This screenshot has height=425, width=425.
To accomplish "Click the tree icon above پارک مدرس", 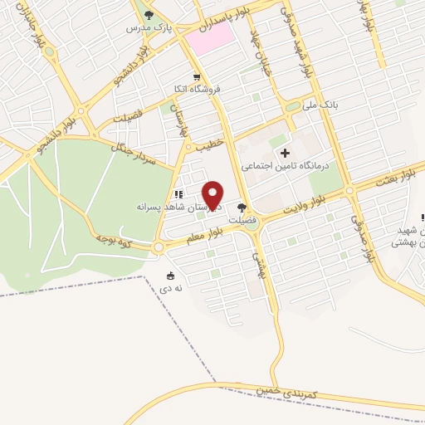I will (x=149, y=14).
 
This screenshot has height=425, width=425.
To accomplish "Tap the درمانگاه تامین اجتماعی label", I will (x=286, y=166).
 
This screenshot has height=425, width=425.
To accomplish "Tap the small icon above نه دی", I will (x=172, y=276).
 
